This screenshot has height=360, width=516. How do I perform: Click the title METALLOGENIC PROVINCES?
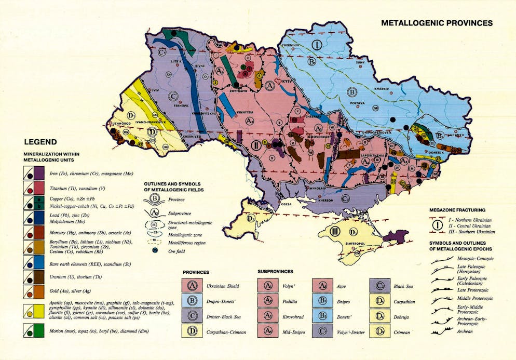coord(437,23)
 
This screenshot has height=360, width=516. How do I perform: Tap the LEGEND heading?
coord(40,141)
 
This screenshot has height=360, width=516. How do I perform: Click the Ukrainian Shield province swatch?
coord(192,285)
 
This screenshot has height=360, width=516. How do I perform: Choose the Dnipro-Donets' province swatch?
coord(192,300)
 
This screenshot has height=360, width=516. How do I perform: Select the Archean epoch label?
coord(466,330)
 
